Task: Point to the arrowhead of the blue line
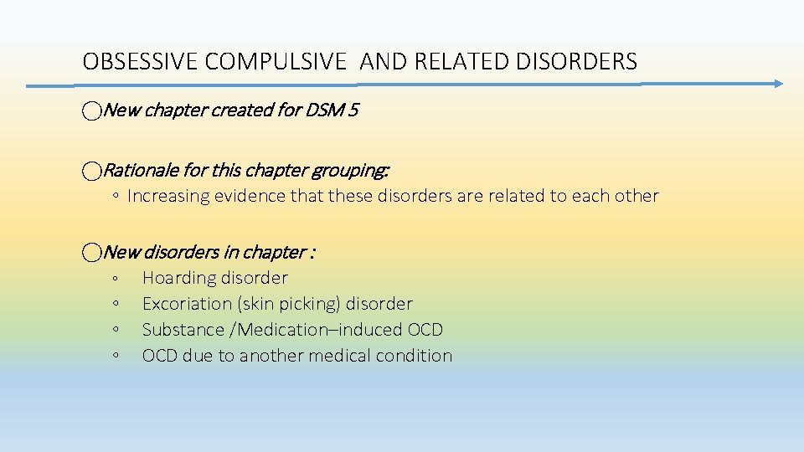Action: tap(778, 84)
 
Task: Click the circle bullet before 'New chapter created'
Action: tap(91, 110)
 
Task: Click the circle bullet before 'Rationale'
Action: tap(91, 171)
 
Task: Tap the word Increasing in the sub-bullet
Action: tap(167, 196)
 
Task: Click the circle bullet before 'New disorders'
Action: tap(91, 252)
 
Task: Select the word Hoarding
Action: tap(178, 278)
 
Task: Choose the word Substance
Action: tap(178, 330)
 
